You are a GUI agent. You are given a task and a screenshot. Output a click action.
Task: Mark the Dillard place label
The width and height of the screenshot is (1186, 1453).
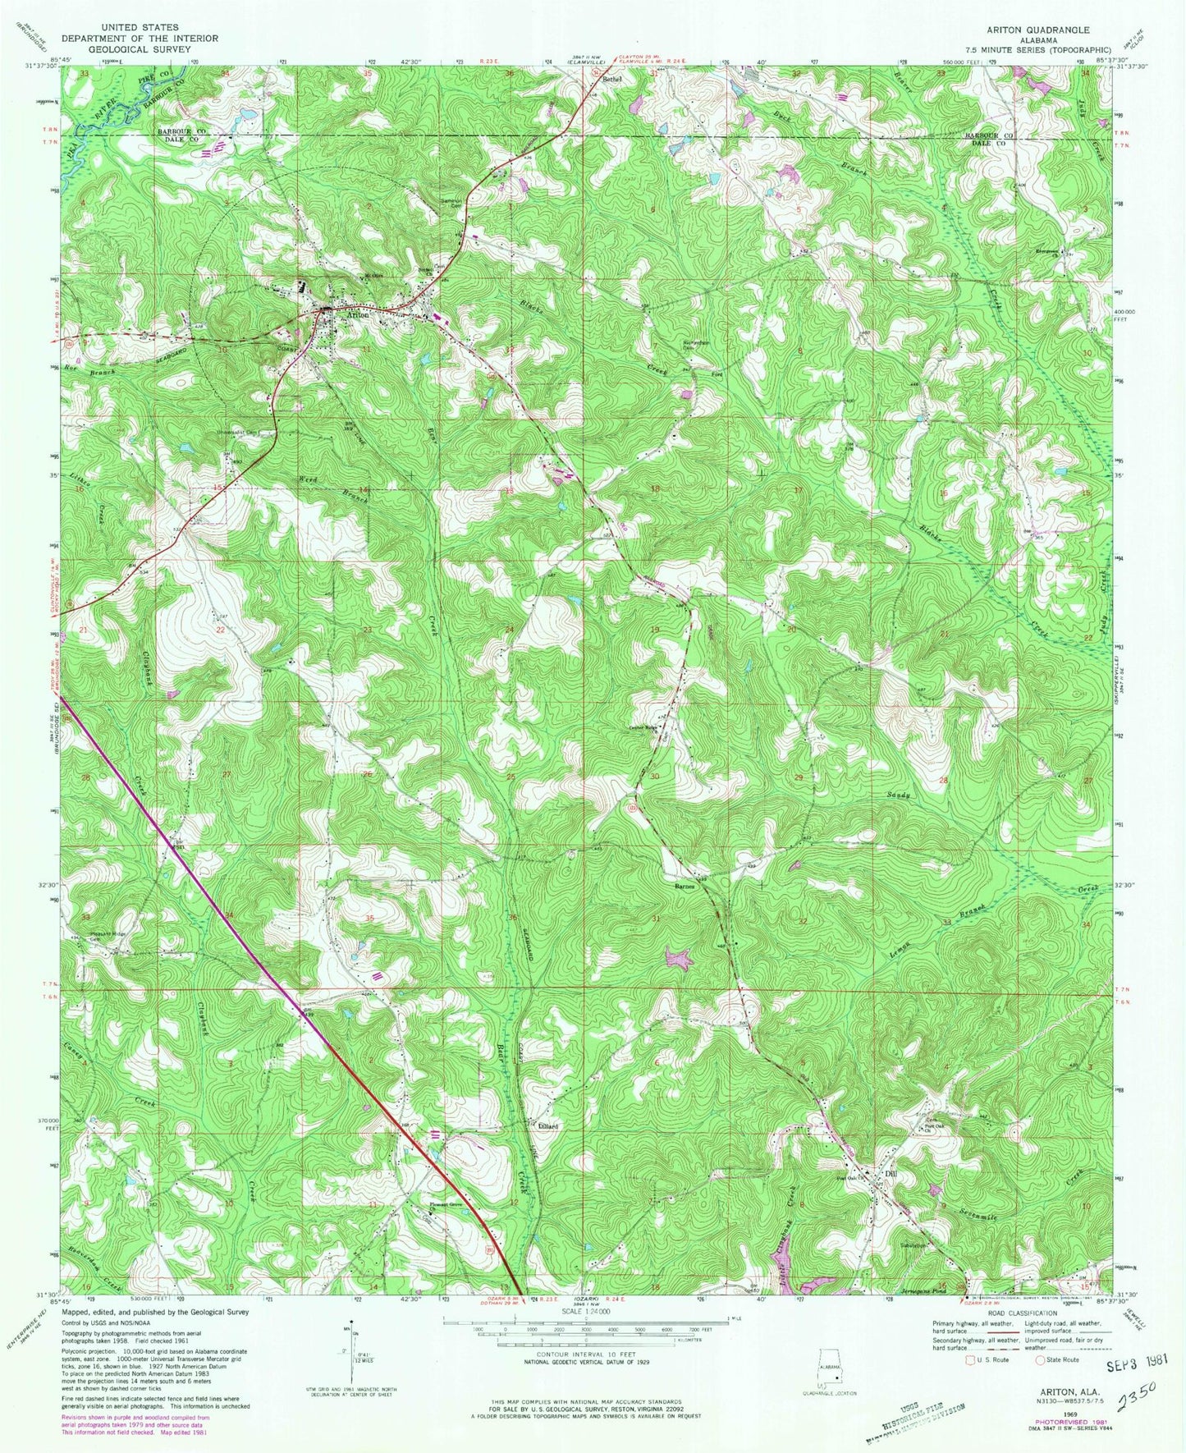(x=548, y=1126)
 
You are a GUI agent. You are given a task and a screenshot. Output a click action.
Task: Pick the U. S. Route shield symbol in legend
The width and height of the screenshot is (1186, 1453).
(x=973, y=1359)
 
